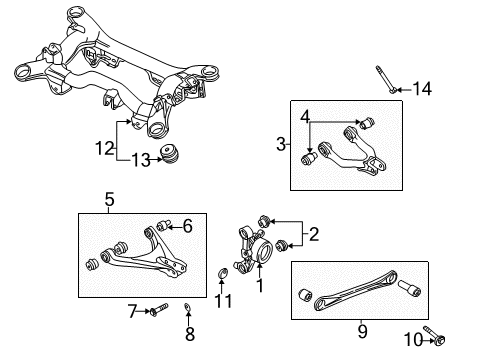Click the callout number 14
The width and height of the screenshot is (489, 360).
422,89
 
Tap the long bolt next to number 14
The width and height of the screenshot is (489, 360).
386,79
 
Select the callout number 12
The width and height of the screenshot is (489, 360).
105,148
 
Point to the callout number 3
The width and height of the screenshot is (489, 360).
281,144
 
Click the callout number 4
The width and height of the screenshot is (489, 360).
305,117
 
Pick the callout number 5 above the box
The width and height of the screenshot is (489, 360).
109,199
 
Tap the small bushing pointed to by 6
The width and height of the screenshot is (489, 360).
163,225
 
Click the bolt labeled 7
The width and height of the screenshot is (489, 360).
160,310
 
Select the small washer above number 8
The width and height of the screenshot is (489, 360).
188,308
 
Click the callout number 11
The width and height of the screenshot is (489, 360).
223,301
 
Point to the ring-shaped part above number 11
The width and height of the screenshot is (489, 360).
222,273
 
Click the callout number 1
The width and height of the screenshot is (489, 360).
260,286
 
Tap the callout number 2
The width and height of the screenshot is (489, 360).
314,234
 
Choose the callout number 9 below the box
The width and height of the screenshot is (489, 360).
362,332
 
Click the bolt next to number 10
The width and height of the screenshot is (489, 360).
435,335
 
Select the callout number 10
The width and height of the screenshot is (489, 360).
413,340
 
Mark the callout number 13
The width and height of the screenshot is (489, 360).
141,160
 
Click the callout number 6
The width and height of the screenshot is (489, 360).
188,226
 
